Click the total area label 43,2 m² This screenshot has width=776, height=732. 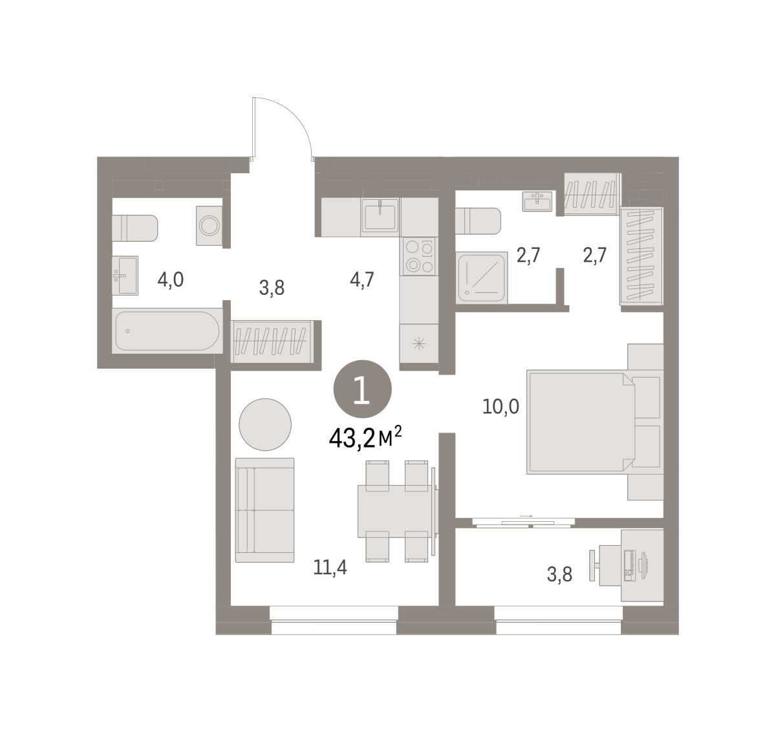[365, 438]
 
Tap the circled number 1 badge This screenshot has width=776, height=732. [362, 389]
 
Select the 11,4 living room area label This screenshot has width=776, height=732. [330, 568]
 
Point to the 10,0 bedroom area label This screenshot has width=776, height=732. [501, 407]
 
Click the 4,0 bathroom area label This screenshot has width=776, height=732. [170, 280]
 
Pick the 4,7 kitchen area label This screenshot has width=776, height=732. [362, 280]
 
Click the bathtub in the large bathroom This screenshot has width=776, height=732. [167, 330]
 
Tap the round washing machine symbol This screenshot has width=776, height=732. [209, 226]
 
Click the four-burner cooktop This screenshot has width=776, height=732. [419, 256]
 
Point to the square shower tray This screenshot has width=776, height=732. [481, 277]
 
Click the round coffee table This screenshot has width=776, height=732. [265, 424]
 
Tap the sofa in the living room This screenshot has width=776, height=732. [264, 510]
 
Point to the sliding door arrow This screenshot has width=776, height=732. [526, 516]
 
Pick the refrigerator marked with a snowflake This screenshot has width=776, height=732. [418, 344]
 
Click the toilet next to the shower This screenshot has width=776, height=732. [478, 221]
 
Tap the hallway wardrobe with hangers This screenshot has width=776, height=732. [272, 341]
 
